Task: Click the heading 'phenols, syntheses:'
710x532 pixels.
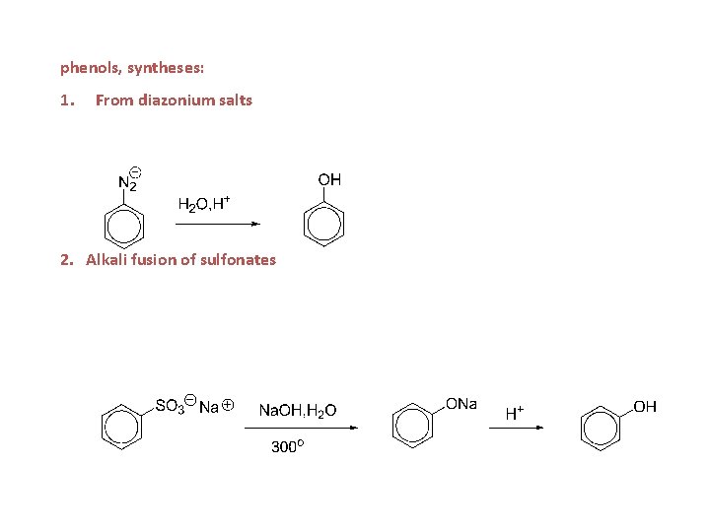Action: (132, 68)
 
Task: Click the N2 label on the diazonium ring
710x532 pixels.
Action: (128, 182)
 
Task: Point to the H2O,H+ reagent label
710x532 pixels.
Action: (203, 204)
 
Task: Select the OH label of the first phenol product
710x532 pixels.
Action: (329, 179)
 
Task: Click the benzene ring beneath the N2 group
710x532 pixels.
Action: (124, 226)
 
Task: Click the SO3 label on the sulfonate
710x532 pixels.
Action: (170, 406)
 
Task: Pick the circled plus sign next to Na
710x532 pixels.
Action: (228, 404)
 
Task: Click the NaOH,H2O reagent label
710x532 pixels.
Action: (297, 410)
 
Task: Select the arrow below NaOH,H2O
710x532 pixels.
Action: (305, 428)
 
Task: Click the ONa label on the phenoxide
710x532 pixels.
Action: (461, 404)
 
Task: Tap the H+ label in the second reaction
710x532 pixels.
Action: (515, 413)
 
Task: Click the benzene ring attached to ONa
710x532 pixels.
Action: (412, 426)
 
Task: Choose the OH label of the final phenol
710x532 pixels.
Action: (645, 406)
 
